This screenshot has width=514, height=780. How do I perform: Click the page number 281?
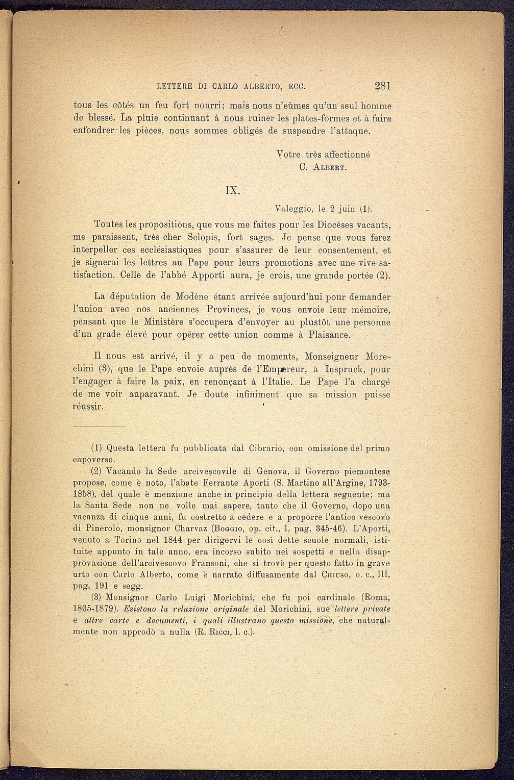point(382,86)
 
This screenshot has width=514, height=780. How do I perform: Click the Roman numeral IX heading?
point(233,190)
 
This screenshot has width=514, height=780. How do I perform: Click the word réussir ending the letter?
point(88,407)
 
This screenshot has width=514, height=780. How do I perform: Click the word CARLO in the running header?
point(227,86)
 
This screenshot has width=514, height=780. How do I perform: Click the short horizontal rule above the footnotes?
point(99,426)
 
